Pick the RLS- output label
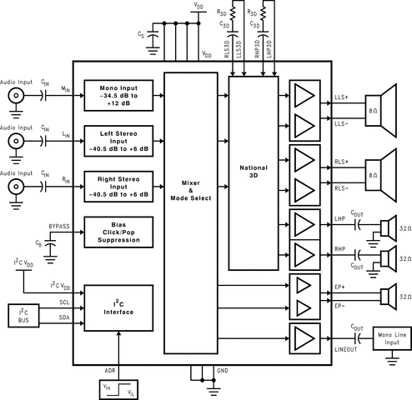[x=343, y=189]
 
